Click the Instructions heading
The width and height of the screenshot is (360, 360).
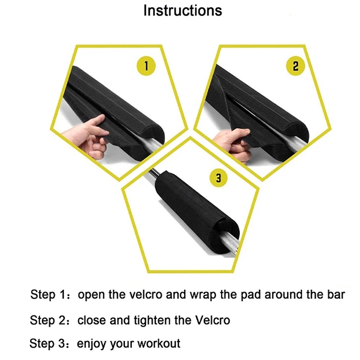[x=183, y=10]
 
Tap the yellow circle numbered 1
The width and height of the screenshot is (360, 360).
[x=146, y=66]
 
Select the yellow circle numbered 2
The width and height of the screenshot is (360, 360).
[x=295, y=66]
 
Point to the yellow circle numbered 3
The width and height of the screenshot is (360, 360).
[x=219, y=178]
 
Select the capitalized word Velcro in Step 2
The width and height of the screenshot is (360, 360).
[x=212, y=320]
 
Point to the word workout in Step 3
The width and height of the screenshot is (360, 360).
[x=159, y=343]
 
